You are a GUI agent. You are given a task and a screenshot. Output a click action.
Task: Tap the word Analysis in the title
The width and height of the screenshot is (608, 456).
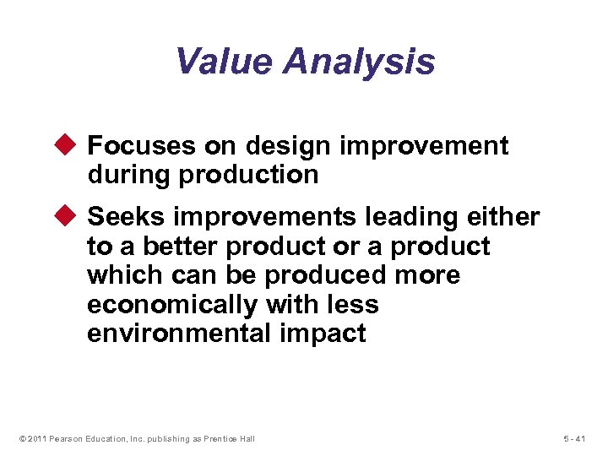[359, 62]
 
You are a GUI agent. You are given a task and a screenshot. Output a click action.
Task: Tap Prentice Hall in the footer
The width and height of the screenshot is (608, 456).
[231, 438]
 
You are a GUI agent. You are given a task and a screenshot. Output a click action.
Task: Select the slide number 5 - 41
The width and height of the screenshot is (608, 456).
[573, 438]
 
